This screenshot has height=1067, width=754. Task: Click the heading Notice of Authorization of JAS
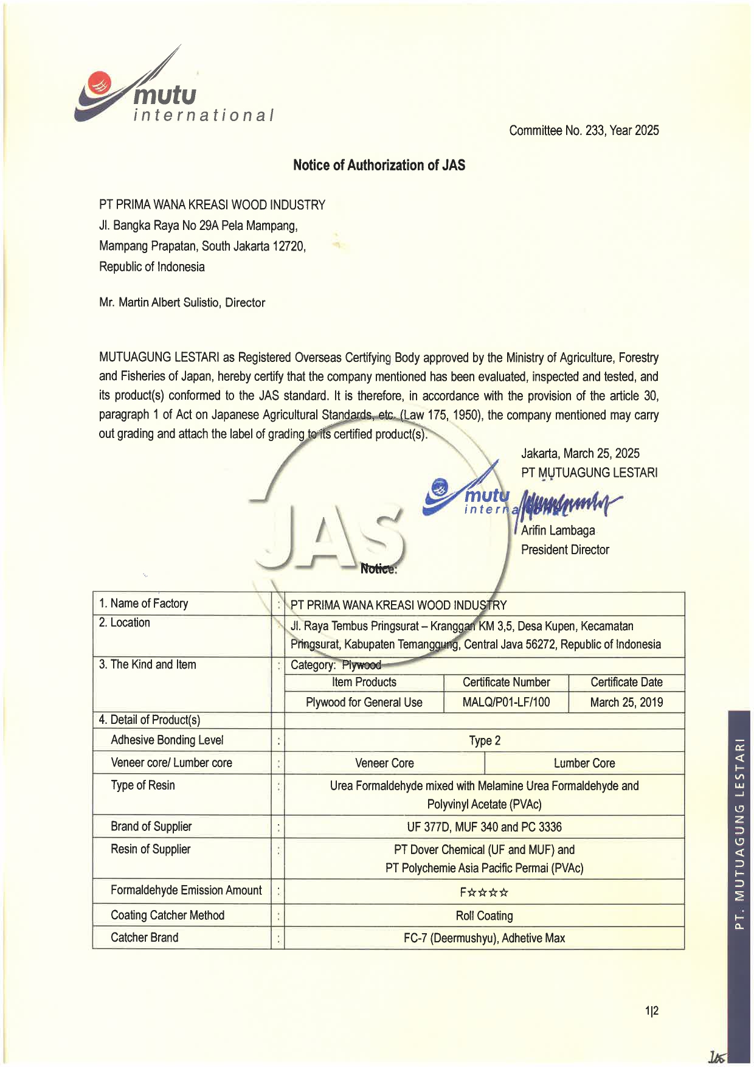click(x=379, y=165)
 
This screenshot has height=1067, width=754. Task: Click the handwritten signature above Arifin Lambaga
click(x=569, y=503)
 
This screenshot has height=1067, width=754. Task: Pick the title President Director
click(x=565, y=550)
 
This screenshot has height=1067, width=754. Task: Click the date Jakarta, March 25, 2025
click(x=580, y=453)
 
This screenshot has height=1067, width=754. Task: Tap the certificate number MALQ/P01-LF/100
click(x=506, y=703)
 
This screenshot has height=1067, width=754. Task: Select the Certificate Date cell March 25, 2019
click(x=626, y=703)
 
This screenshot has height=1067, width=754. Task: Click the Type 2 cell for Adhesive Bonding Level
click(x=485, y=740)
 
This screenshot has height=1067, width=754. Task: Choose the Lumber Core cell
click(x=584, y=763)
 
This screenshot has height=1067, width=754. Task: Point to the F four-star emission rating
click(x=484, y=892)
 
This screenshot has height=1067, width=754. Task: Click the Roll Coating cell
click(x=485, y=916)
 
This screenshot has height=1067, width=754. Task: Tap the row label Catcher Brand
click(x=145, y=937)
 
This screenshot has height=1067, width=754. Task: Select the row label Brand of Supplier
click(x=151, y=826)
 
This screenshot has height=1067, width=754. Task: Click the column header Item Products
click(x=364, y=683)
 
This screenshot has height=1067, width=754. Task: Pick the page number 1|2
click(x=652, y=1011)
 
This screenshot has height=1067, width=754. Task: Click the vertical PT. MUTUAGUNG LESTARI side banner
click(x=739, y=833)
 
